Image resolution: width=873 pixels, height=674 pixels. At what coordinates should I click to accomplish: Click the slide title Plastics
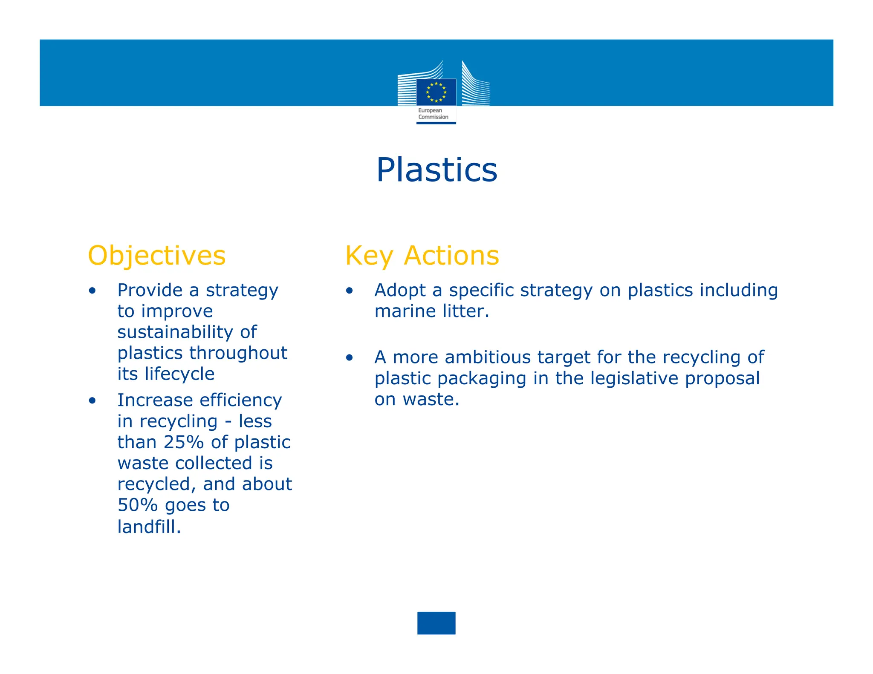(x=436, y=170)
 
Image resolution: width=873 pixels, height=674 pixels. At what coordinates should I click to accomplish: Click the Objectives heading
(x=156, y=256)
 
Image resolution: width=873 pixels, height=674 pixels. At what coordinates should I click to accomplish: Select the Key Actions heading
(x=422, y=256)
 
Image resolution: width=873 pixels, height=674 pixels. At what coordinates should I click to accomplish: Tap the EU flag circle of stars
(x=436, y=92)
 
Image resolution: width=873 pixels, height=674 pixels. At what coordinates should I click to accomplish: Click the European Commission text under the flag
(x=433, y=114)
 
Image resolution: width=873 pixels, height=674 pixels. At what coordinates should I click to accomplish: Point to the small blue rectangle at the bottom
(x=436, y=623)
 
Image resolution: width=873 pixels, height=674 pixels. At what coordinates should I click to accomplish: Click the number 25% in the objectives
(x=184, y=442)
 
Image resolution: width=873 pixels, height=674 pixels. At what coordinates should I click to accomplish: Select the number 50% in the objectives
(x=138, y=505)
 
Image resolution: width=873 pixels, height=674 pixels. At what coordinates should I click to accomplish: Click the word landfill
(x=149, y=527)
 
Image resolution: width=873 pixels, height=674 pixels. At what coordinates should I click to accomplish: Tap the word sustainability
(x=175, y=332)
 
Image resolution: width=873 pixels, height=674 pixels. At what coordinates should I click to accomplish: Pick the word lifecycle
(x=179, y=374)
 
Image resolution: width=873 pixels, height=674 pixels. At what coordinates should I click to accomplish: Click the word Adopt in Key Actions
(x=400, y=291)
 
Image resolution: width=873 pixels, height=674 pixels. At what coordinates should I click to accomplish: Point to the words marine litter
(x=431, y=311)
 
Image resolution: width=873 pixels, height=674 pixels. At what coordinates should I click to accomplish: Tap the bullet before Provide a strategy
(x=93, y=291)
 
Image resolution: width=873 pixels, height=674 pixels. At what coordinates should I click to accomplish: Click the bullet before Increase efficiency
(x=93, y=401)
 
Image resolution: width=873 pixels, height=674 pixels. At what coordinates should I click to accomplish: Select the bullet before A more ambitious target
(x=350, y=358)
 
